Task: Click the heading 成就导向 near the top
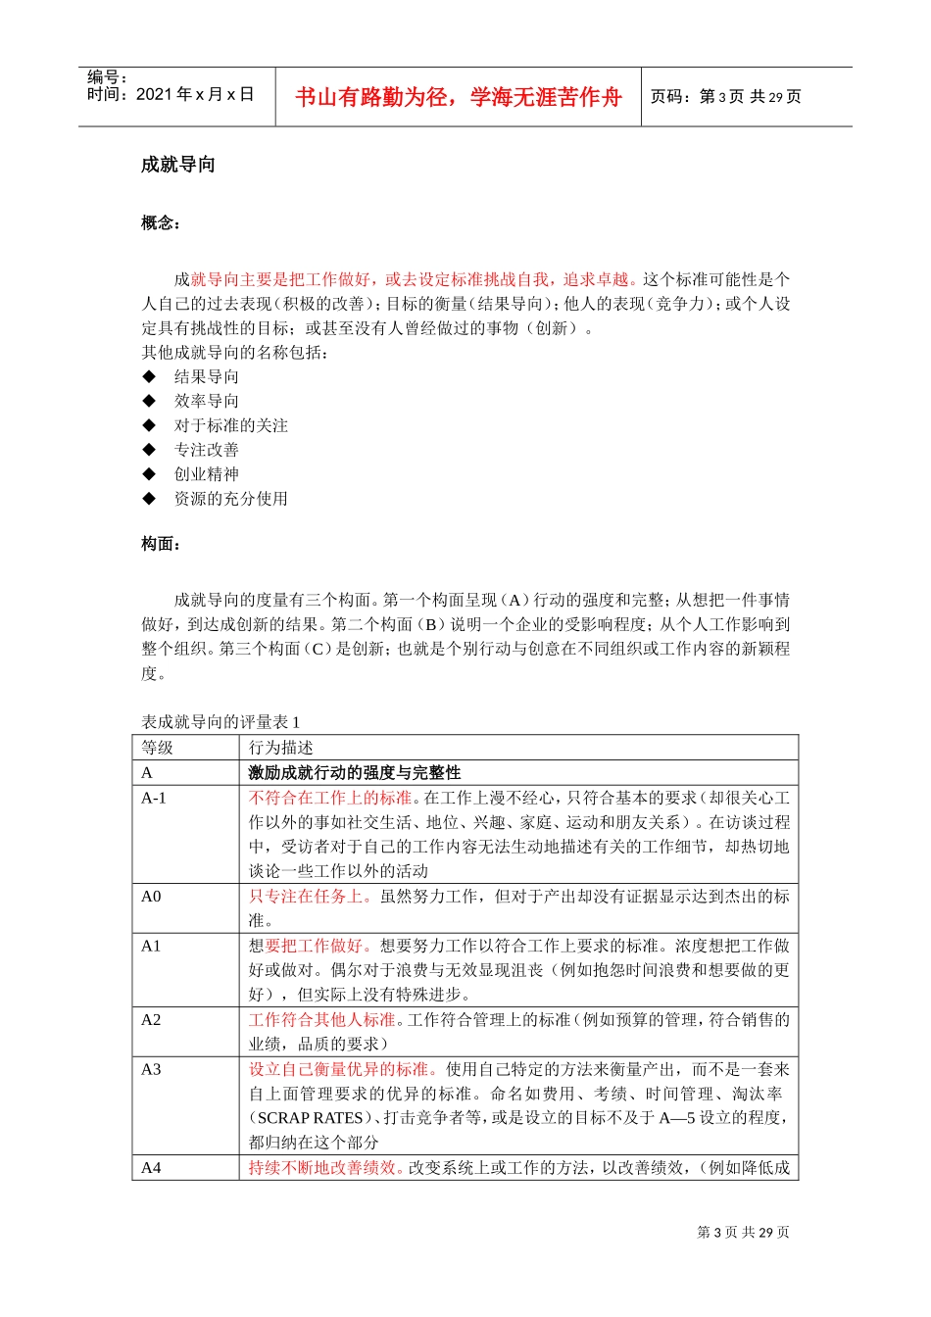[177, 165]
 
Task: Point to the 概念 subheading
[160, 222]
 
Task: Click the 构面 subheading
[160, 543]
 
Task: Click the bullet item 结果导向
[206, 376]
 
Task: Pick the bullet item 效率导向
[206, 401]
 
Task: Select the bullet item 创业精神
[206, 474]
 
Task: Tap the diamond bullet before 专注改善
[149, 450]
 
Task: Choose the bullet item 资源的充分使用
[230, 499]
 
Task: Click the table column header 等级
[157, 748]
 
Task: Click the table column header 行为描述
[280, 748]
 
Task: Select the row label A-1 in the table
[154, 798]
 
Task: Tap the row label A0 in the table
[151, 896]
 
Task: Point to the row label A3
[151, 1069]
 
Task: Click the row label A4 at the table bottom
[151, 1167]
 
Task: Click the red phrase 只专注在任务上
[310, 896]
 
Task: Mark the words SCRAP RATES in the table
[310, 1118]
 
